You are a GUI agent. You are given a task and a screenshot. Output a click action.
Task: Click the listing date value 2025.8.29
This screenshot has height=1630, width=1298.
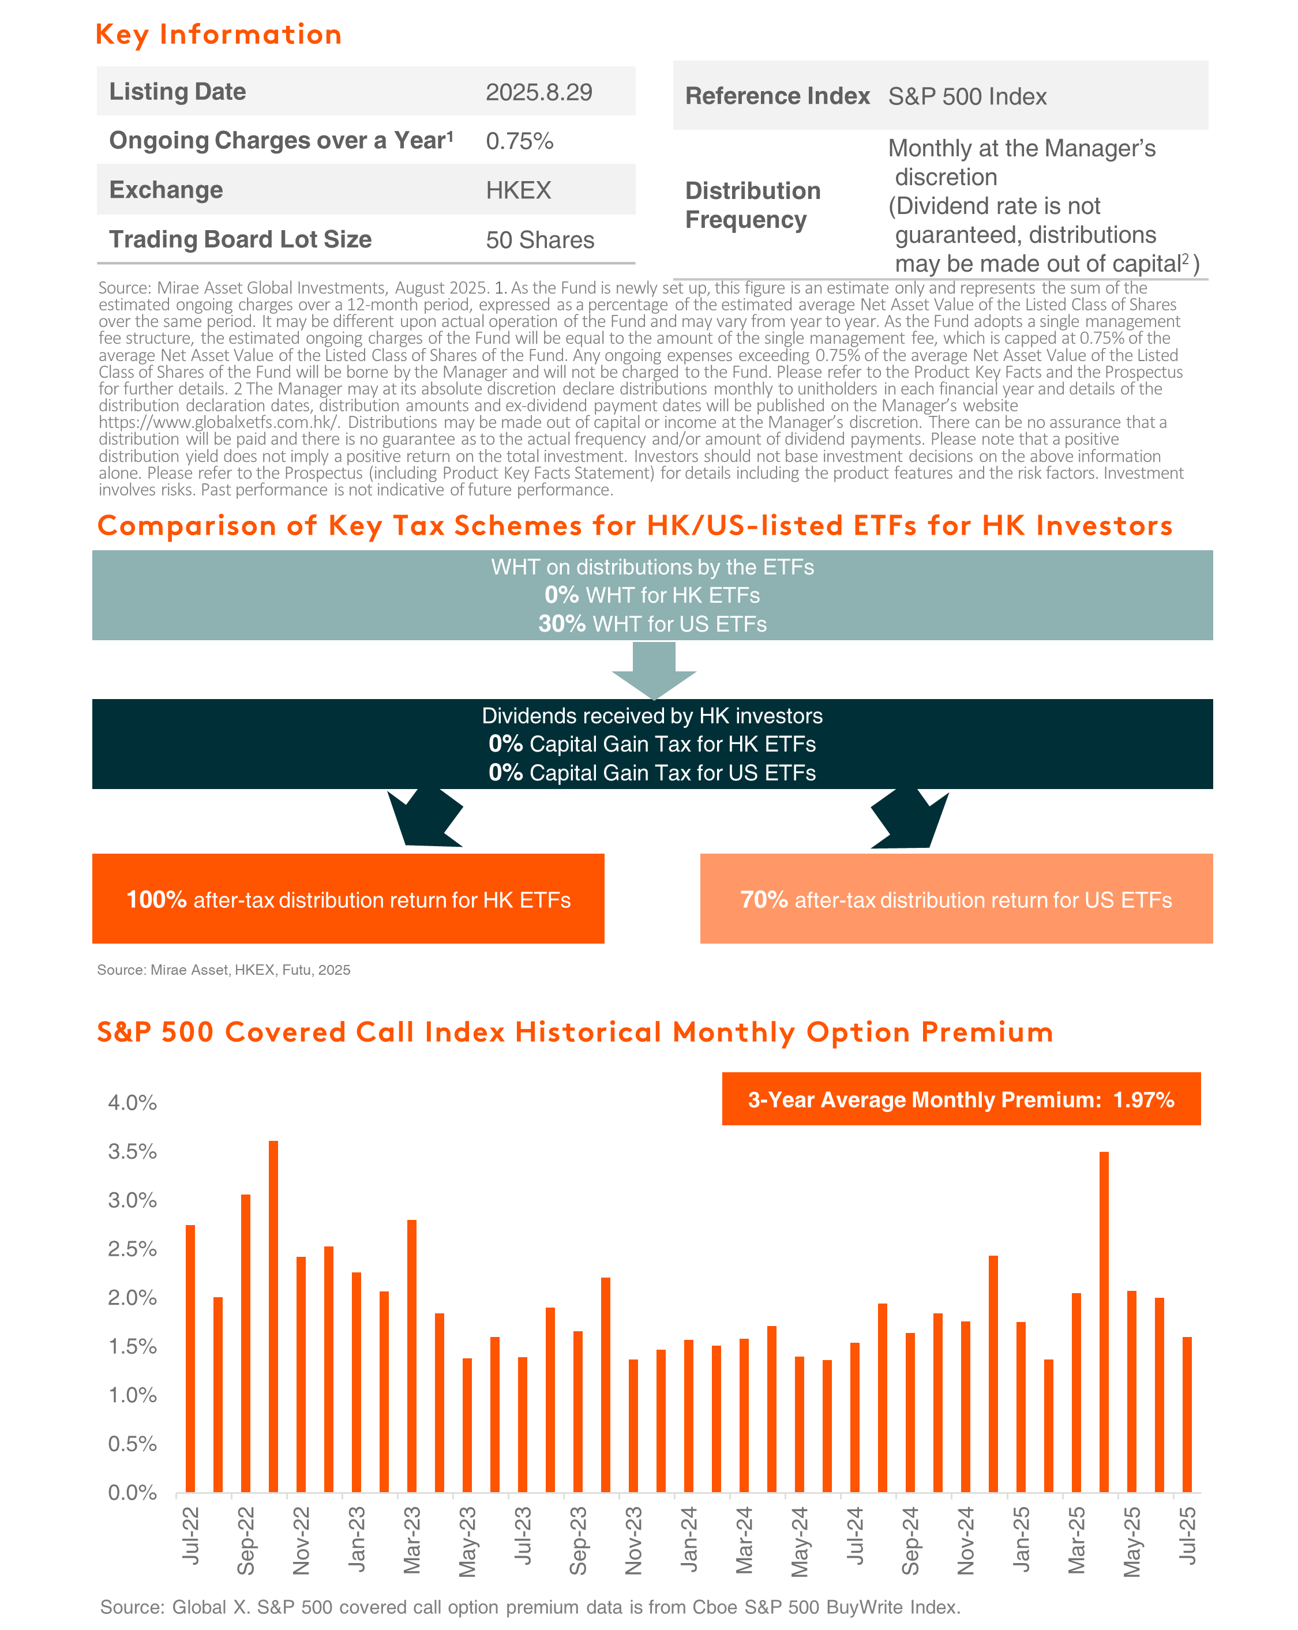pyautogui.click(x=538, y=92)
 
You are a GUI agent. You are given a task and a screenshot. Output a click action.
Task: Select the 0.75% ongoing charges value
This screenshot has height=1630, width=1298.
pyautogui.click(x=519, y=141)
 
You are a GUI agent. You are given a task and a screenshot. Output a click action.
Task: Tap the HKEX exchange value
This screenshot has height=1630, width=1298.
pyautogui.click(x=519, y=190)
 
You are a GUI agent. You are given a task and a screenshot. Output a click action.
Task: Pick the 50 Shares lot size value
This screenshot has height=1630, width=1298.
pyautogui.click(x=540, y=241)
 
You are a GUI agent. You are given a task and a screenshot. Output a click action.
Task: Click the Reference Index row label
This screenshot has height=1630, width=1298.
pyautogui.click(x=777, y=96)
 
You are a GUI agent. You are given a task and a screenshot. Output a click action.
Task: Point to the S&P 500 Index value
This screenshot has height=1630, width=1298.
pyautogui.click(x=967, y=97)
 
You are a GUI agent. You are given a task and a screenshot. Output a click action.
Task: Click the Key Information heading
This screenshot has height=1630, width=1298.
pyautogui.click(x=219, y=35)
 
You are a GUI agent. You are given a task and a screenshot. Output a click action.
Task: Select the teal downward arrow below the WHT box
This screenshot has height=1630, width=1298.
pyautogui.click(x=654, y=670)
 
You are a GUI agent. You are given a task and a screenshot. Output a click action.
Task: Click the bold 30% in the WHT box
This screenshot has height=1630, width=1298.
pyautogui.click(x=562, y=624)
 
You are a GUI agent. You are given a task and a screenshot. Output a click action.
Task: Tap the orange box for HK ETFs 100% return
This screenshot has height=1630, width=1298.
pyautogui.click(x=348, y=898)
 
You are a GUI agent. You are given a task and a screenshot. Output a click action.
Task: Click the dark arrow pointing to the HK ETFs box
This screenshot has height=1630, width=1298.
pyautogui.click(x=424, y=818)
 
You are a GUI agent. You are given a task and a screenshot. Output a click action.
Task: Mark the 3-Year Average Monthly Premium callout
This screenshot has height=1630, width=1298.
pyautogui.click(x=961, y=1099)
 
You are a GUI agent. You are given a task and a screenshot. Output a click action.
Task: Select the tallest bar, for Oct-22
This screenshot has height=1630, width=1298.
pyautogui.click(x=273, y=1316)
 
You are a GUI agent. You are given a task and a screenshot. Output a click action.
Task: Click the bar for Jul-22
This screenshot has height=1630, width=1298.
pyautogui.click(x=190, y=1358)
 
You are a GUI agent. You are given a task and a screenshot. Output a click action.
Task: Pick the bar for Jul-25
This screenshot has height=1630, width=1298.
pyautogui.click(x=1187, y=1414)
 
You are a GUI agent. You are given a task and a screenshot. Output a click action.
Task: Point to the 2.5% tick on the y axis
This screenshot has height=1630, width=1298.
pyautogui.click(x=132, y=1249)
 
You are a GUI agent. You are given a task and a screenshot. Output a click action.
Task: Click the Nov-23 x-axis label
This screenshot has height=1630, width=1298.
pyautogui.click(x=633, y=1541)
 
